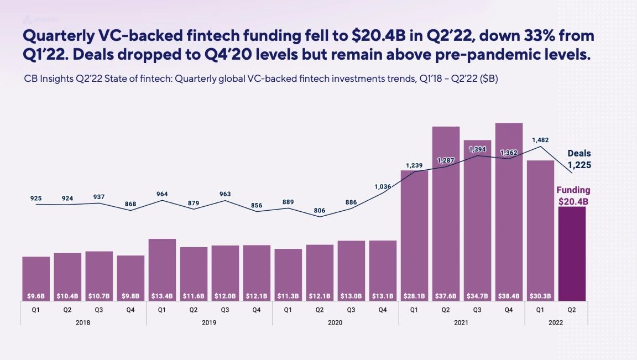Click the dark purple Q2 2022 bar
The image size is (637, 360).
[x=572, y=253]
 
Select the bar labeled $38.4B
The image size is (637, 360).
[x=509, y=212]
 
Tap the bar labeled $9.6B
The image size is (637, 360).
[x=36, y=279]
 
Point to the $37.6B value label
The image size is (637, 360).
[x=446, y=296]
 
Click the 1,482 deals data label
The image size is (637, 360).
[x=540, y=140]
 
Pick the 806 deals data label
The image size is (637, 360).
[x=319, y=211]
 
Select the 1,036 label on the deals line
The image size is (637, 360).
[x=383, y=187]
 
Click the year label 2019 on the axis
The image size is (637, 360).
[x=209, y=322]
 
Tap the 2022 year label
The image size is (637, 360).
[x=556, y=322]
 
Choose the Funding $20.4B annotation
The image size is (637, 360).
[x=573, y=196]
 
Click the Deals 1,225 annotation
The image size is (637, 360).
[x=579, y=159]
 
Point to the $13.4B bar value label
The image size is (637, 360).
[x=161, y=296]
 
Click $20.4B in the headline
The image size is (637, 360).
[x=379, y=36]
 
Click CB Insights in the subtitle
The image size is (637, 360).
[x=48, y=79]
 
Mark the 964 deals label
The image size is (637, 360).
[x=162, y=194]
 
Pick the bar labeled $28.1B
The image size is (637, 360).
[x=414, y=236]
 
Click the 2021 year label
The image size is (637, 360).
[x=461, y=322]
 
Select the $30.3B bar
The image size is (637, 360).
[x=540, y=231]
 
